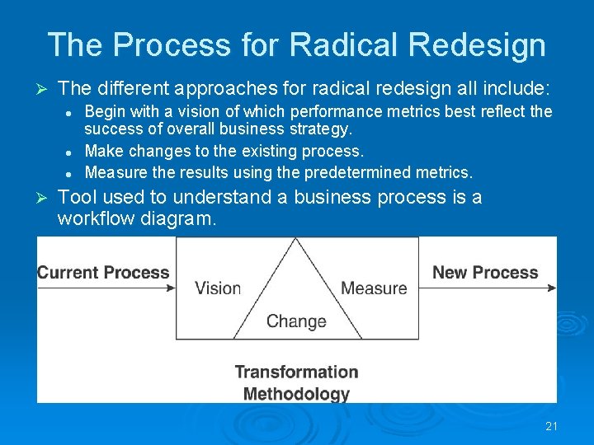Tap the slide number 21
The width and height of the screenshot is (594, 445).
point(552,426)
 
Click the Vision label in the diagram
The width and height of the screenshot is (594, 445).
point(218,288)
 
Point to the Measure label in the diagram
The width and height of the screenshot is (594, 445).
point(374,288)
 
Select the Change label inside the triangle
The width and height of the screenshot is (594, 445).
point(296,321)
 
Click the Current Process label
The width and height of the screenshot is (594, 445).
point(103,273)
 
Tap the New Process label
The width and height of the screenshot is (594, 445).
point(485,273)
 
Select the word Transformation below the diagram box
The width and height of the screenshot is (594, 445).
point(296,372)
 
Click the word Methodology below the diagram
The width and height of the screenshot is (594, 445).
point(296,394)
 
